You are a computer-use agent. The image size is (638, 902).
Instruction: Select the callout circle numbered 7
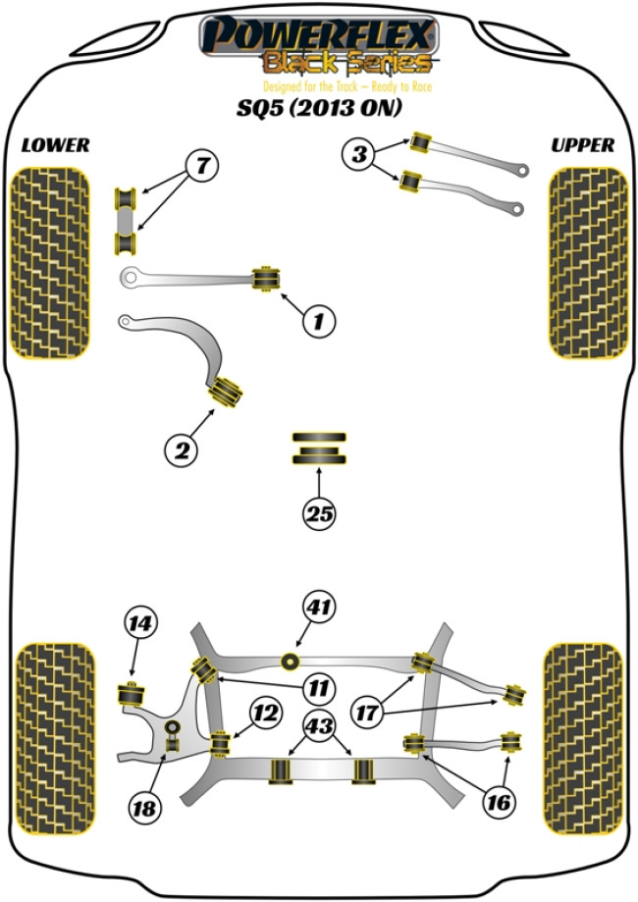click(200, 167)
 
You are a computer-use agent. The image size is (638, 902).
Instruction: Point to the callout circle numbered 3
click(359, 154)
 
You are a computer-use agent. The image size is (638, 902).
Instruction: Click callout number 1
click(318, 320)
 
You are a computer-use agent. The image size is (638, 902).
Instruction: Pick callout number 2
click(182, 451)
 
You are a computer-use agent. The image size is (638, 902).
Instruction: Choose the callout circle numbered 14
click(140, 623)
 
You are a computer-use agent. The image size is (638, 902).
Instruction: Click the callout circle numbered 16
click(499, 802)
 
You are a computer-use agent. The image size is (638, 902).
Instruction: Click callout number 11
click(319, 686)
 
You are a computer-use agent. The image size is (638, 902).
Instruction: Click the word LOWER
click(55, 145)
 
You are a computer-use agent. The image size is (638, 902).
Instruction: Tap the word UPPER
click(582, 145)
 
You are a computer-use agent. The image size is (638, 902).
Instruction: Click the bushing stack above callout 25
click(319, 450)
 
